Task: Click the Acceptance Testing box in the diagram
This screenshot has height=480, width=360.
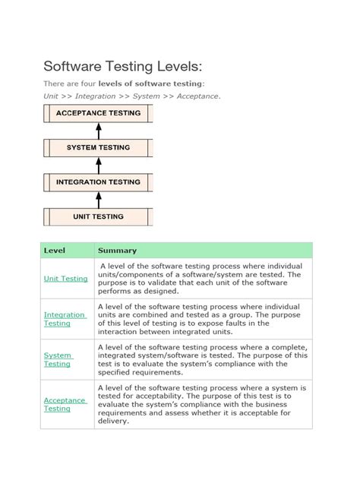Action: tap(98, 113)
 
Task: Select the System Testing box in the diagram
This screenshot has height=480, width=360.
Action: tap(98, 147)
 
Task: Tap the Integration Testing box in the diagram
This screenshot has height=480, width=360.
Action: tap(98, 182)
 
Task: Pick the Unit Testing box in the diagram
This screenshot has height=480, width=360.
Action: tap(98, 216)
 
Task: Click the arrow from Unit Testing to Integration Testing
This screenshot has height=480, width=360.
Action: tap(98, 199)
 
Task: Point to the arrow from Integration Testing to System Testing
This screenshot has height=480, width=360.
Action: tap(98, 165)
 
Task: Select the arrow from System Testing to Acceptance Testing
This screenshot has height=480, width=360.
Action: tap(98, 130)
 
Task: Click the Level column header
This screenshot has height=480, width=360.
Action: tap(55, 251)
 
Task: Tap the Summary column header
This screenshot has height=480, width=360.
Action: tap(117, 251)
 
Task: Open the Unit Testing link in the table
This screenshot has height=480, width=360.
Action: tap(65, 279)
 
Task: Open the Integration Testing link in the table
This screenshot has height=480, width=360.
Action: tap(64, 319)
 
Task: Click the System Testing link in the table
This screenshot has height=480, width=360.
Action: tap(58, 359)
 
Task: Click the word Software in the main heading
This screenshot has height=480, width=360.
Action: tap(77, 66)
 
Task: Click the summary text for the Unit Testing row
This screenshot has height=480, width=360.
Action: tap(201, 278)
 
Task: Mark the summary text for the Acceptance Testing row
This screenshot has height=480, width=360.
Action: tap(201, 404)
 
